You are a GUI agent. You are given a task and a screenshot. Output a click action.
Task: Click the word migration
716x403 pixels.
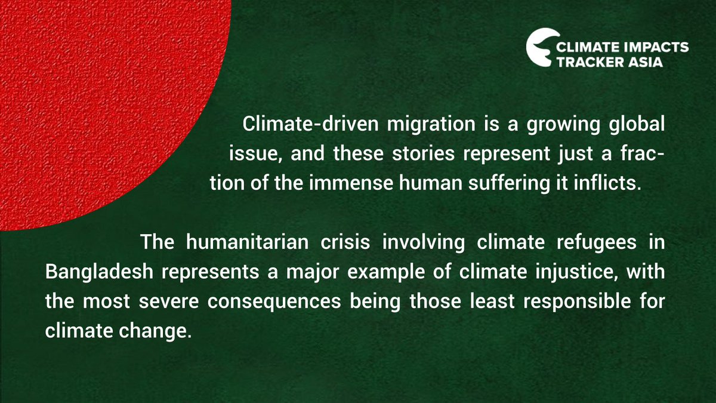click(414, 126)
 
